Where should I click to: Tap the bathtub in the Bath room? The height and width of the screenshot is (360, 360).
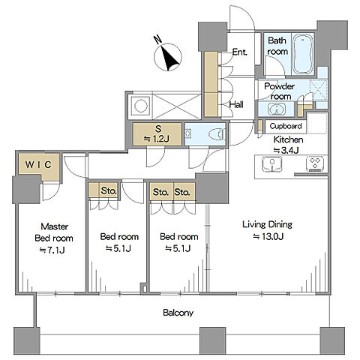click(303, 54)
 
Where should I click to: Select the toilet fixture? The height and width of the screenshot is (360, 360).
click(217, 134)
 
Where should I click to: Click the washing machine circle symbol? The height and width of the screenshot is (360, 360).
click(140, 106)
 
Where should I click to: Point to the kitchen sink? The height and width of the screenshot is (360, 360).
click(272, 163)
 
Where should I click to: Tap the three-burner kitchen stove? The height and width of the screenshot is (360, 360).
click(315, 163)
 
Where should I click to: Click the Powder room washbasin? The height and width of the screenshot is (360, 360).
click(277, 109)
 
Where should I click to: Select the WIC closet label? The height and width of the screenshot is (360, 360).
click(38, 164)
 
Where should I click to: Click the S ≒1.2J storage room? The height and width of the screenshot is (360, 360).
click(157, 133)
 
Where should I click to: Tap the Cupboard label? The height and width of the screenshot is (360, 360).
click(286, 126)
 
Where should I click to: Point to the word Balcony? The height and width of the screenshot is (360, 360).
click(178, 313)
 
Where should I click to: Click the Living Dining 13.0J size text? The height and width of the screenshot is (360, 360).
click(268, 236)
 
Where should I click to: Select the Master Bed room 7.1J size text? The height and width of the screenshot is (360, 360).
click(52, 250)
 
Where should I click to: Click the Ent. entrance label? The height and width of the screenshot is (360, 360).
click(239, 52)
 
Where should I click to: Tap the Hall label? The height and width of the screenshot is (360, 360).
click(236, 104)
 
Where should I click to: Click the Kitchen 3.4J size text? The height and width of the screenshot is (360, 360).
click(286, 150)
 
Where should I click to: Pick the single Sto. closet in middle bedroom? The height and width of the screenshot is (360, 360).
click(103, 191)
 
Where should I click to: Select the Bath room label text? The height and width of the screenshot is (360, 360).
click(277, 46)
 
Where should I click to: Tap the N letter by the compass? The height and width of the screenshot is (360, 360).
click(157, 40)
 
